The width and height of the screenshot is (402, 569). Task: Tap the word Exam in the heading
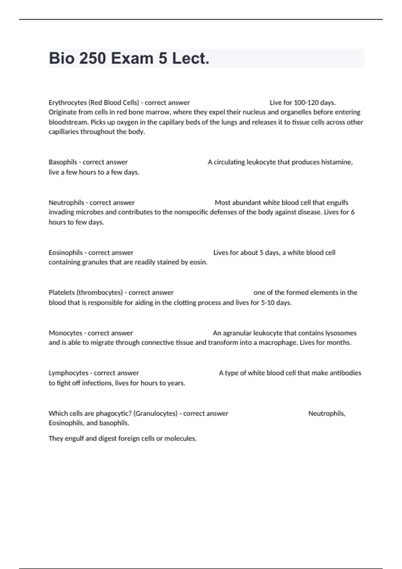[132, 59]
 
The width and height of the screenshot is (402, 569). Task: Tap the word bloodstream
[68, 122]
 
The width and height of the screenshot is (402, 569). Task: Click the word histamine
[337, 162]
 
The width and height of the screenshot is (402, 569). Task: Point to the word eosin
[198, 262]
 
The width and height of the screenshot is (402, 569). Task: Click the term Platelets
[62, 293]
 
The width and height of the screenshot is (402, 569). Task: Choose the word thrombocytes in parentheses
[99, 293]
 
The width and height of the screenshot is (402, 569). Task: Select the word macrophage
[278, 343]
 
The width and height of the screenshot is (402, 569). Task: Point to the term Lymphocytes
[68, 373]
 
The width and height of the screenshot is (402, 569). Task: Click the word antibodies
[345, 373]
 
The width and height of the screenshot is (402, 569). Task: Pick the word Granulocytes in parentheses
[155, 413]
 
